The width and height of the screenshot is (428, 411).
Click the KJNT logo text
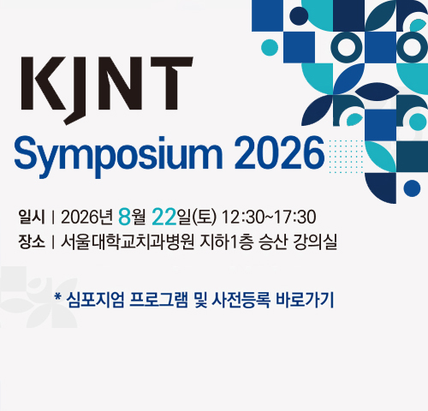pyautogui.click(x=107, y=91)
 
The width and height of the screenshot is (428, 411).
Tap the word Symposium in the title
pyautogui.click(x=118, y=157)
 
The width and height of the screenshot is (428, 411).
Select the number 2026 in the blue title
pyautogui.click(x=279, y=153)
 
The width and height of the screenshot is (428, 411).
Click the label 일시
pyautogui.click(x=32, y=217)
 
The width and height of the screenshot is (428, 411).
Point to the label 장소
pyautogui.click(x=32, y=241)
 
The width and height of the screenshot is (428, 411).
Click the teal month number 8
pyautogui.click(x=125, y=217)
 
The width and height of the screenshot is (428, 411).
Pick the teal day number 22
pyautogui.click(x=164, y=217)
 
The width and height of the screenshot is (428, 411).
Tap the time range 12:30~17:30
pyautogui.click(x=269, y=217)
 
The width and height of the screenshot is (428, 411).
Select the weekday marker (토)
pyautogui.click(x=205, y=217)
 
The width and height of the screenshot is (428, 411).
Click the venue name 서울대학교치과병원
pyautogui.click(x=128, y=242)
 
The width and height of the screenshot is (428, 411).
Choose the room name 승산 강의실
pyautogui.click(x=298, y=242)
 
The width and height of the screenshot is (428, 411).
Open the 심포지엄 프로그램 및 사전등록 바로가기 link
pyautogui.click(x=194, y=300)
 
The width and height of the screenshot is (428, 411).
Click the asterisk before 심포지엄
pyautogui.click(x=58, y=297)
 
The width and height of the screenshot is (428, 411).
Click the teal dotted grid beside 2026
pyautogui.click(x=346, y=157)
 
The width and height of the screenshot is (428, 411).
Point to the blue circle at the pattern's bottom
pyautogui.click(x=412, y=188)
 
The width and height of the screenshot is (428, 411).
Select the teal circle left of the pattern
pyautogui.click(x=270, y=47)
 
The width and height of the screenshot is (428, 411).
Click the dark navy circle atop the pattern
pyautogui.click(x=299, y=16)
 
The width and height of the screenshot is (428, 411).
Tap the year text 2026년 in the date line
pyautogui.click(x=87, y=217)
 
